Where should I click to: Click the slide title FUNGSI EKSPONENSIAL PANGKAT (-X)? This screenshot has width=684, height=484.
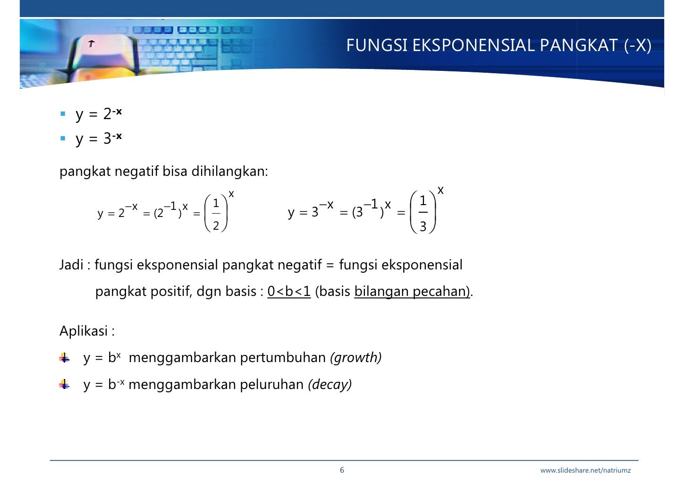[x=498, y=45]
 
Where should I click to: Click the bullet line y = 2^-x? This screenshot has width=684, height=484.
[x=98, y=114]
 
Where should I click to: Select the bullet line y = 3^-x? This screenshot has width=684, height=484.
[x=98, y=138]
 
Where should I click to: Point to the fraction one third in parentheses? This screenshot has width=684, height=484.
[x=423, y=213]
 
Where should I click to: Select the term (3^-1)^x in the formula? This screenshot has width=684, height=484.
[x=372, y=208]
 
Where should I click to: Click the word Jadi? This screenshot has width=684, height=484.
[x=71, y=265]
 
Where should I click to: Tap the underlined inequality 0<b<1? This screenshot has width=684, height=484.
[x=289, y=291]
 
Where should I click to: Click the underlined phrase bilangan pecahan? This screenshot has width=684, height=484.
[x=411, y=291]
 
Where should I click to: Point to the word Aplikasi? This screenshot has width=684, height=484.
[x=84, y=331]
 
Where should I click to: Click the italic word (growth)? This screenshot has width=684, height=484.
[x=355, y=357]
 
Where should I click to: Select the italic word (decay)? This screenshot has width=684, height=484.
[x=329, y=384]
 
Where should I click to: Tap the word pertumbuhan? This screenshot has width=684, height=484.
[x=283, y=357]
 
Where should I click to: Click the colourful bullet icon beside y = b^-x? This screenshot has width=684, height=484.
[x=64, y=384]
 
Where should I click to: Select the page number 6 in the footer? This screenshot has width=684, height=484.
[x=342, y=470]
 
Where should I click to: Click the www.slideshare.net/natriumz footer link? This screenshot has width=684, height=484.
[x=585, y=470]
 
